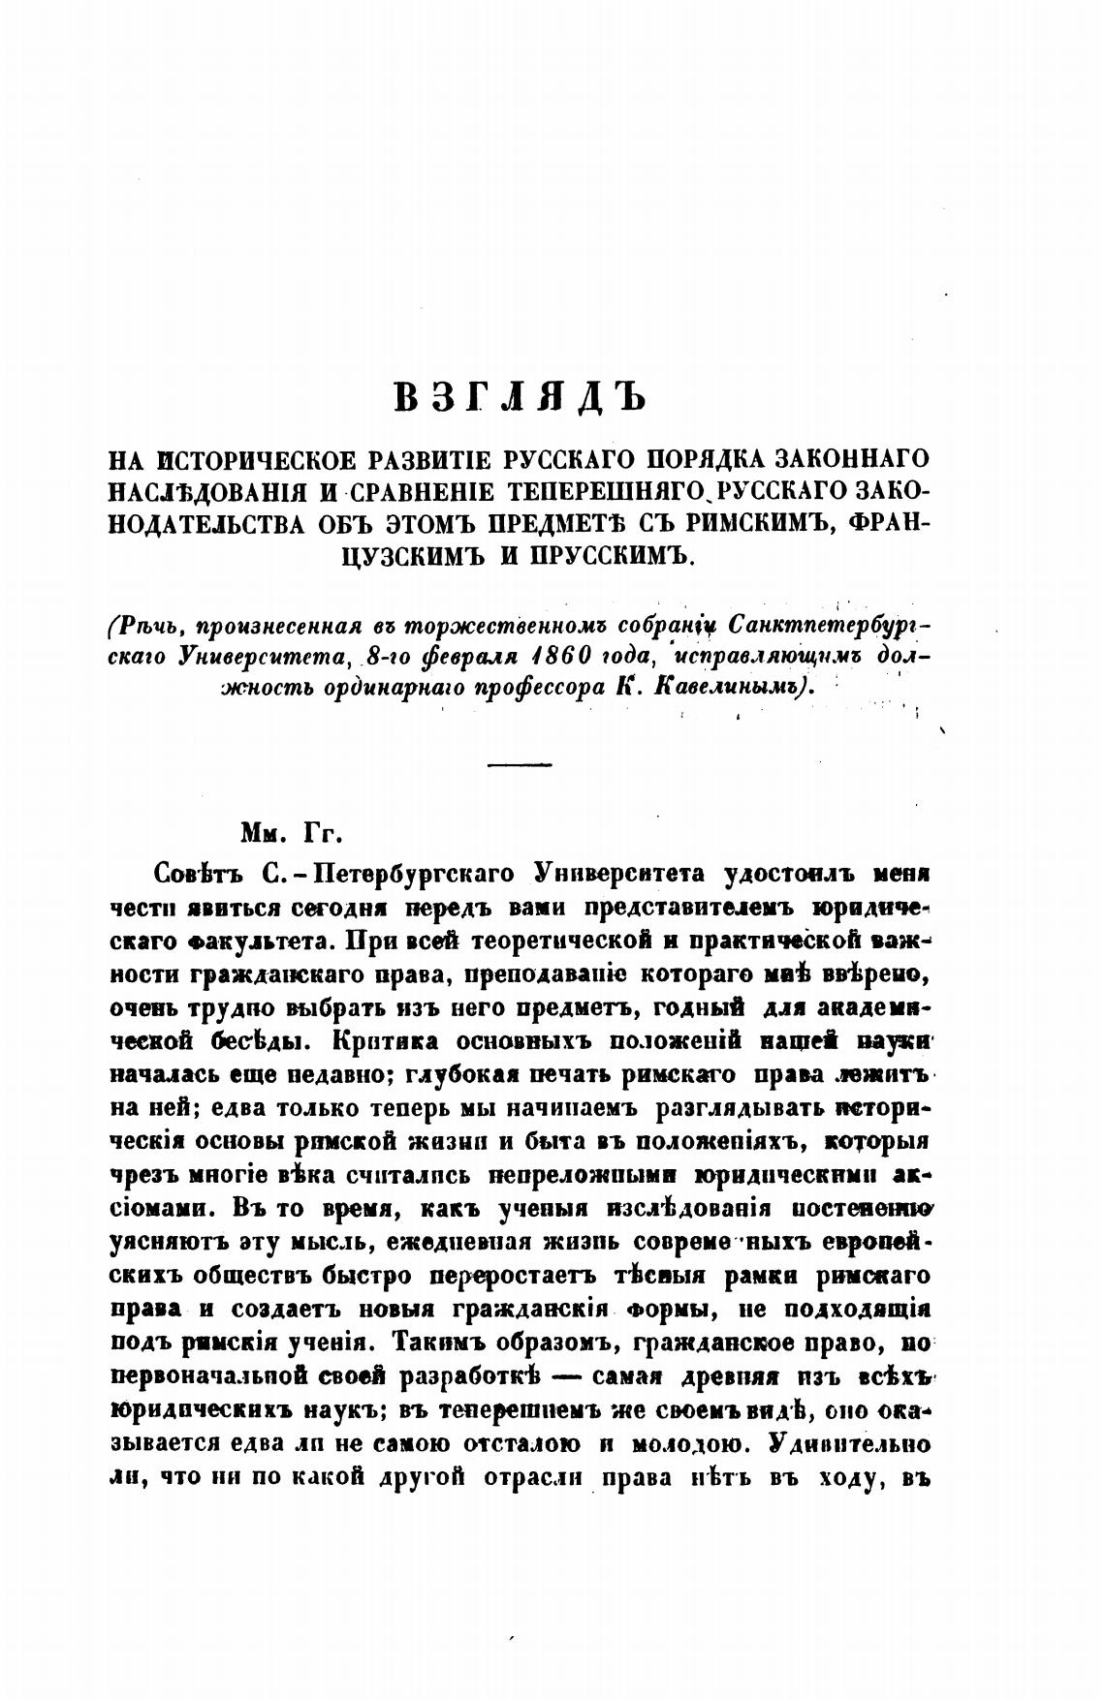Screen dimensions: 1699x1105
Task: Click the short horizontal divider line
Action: coord(520,765)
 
